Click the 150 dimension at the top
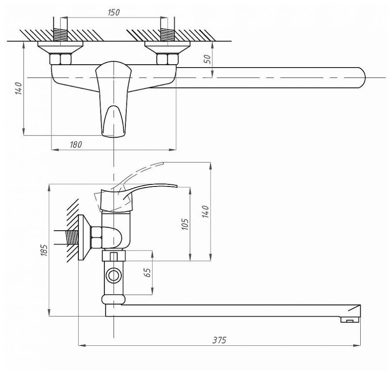[113, 13]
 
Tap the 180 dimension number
[76, 145]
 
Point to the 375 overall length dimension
[219, 340]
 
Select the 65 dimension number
[148, 273]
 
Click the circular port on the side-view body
[113, 275]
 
